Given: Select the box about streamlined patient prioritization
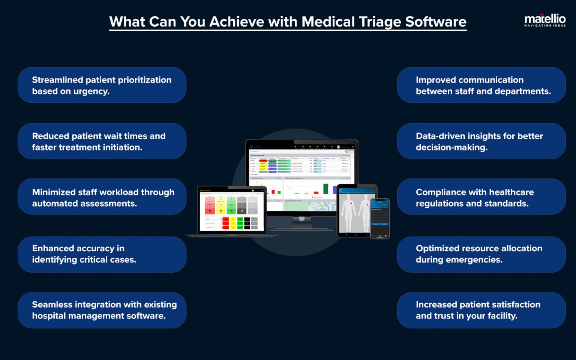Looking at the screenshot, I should click(x=102, y=85).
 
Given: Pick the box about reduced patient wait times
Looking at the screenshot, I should click(x=102, y=141).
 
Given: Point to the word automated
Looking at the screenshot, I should click(x=55, y=204).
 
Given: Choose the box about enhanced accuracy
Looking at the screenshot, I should click(x=102, y=254).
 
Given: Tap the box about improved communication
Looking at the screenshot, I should click(x=481, y=85).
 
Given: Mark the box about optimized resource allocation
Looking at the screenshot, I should click(x=481, y=254).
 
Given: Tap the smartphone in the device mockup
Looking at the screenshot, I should click(x=380, y=217).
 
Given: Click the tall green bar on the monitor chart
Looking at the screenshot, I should click(x=325, y=188).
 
